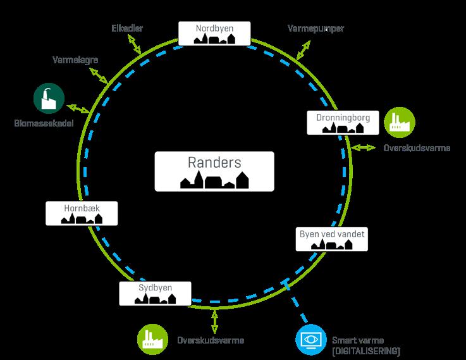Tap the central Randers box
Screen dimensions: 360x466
214,171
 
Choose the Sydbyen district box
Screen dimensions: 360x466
155,293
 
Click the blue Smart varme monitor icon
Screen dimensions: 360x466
311,340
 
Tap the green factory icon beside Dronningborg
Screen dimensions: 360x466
400,121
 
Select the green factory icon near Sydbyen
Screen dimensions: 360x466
152,340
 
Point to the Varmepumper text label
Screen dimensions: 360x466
315,29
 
